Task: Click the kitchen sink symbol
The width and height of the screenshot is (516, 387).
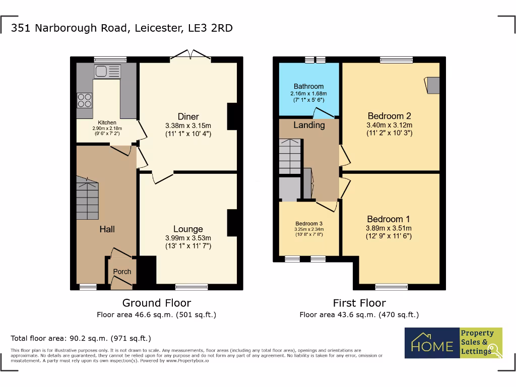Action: [107, 71]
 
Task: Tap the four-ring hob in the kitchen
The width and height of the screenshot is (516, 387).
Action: [84, 100]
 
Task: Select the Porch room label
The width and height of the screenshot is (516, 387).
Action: [122, 272]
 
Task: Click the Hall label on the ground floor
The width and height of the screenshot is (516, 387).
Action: [107, 229]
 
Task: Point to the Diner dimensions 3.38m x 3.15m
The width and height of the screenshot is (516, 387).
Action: [188, 126]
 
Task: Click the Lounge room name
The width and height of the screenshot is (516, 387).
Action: [188, 229]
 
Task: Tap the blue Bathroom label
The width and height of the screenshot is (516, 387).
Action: [308, 86]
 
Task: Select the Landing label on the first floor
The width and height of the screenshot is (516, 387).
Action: [309, 125]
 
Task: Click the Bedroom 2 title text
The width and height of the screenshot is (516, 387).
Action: [389, 116]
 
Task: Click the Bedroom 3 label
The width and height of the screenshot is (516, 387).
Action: [309, 224]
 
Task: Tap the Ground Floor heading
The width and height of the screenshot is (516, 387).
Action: [157, 303]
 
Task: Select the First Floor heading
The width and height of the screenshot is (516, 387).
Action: [359, 303]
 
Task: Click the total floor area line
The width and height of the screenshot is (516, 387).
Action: [81, 338]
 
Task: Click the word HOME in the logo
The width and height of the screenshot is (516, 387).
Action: [432, 346]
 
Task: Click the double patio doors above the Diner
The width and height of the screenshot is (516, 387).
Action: [191, 55]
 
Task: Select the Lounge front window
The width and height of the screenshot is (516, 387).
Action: [191, 287]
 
